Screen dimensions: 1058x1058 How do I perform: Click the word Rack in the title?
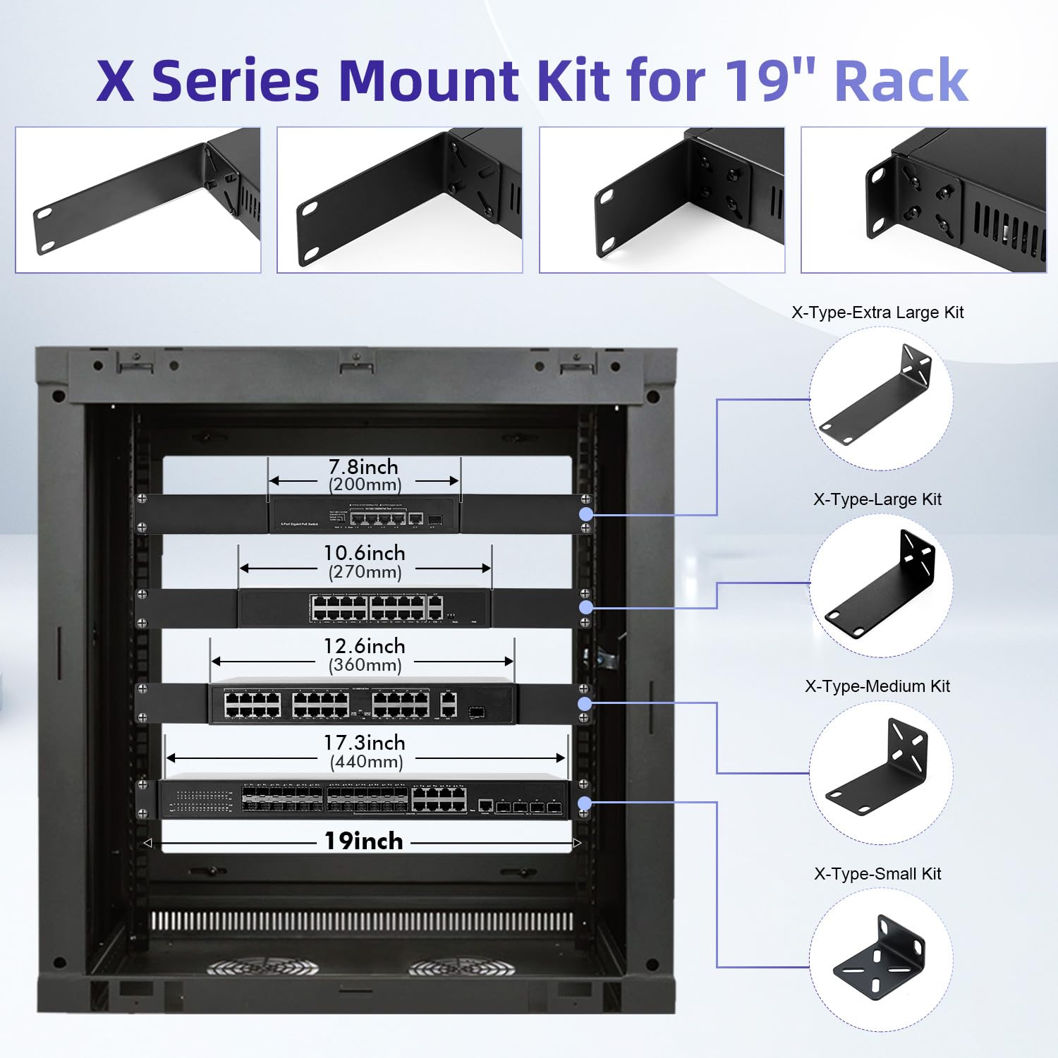tap(901, 81)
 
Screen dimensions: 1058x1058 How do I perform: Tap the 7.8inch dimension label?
tap(363, 467)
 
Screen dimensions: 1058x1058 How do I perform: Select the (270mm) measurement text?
tap(365, 572)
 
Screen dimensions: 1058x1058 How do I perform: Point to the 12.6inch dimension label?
tap(364, 646)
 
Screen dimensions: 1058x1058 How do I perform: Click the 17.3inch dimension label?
tap(364, 743)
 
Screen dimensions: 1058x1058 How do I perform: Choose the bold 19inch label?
tap(363, 841)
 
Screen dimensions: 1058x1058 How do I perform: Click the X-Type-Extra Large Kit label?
tap(877, 312)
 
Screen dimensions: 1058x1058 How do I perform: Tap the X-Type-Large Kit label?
tap(877, 499)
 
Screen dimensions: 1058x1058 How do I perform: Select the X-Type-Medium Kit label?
tap(877, 686)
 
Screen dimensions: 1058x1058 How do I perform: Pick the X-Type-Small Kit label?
tap(877, 874)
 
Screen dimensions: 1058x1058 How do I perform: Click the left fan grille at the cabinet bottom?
tap(262, 968)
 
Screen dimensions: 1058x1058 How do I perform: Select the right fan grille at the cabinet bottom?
tap(462, 968)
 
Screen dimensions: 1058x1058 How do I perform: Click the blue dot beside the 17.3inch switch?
tap(585, 803)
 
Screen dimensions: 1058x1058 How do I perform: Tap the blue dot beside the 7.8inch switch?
tap(585, 514)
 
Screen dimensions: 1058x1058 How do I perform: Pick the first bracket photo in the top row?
tap(138, 200)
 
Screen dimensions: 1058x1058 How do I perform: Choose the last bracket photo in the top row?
tap(923, 200)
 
